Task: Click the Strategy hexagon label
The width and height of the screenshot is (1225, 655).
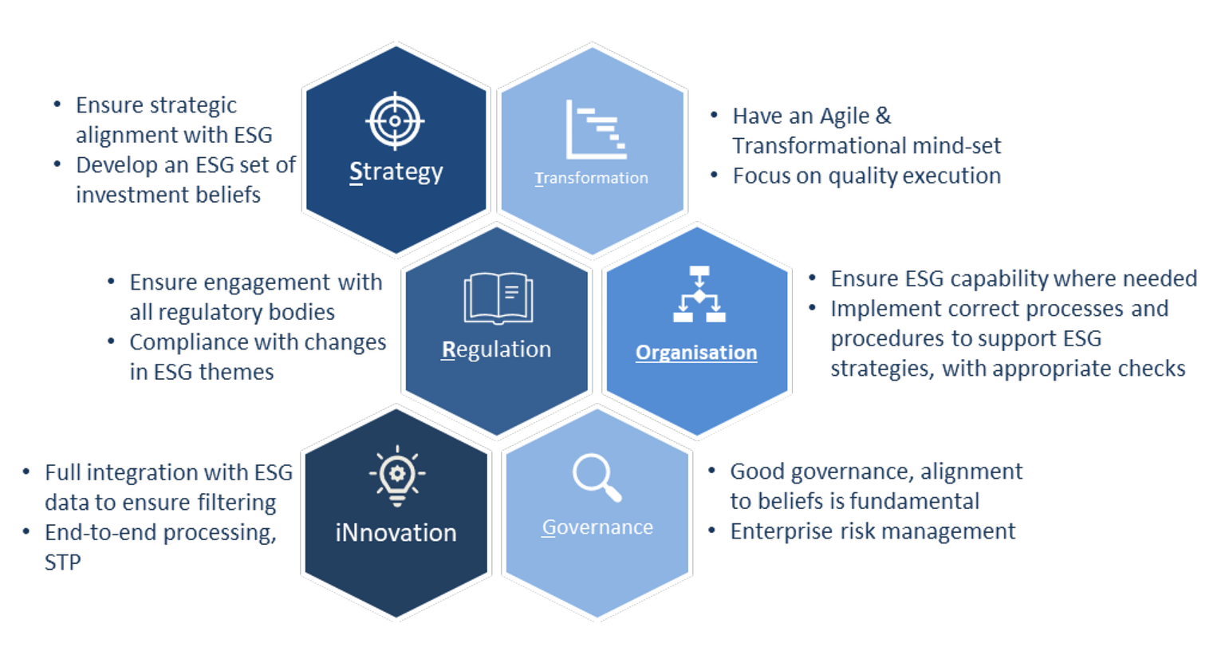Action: tap(396, 172)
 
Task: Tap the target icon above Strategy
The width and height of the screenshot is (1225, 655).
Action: tap(395, 121)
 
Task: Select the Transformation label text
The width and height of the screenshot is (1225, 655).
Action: tap(591, 178)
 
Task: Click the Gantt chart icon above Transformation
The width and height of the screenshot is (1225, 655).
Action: tap(596, 130)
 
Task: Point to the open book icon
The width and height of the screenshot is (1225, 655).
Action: tap(498, 298)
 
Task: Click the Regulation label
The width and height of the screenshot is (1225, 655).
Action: tap(496, 349)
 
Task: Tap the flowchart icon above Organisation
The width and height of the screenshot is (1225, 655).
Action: tap(699, 294)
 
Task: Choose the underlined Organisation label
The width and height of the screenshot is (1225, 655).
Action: tap(696, 353)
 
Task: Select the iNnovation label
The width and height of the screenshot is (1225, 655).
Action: tap(396, 532)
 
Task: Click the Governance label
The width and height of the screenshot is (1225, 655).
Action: tap(597, 527)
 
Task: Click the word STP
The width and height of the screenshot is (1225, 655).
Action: tap(63, 562)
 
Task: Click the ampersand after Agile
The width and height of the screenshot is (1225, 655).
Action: tap(883, 116)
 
